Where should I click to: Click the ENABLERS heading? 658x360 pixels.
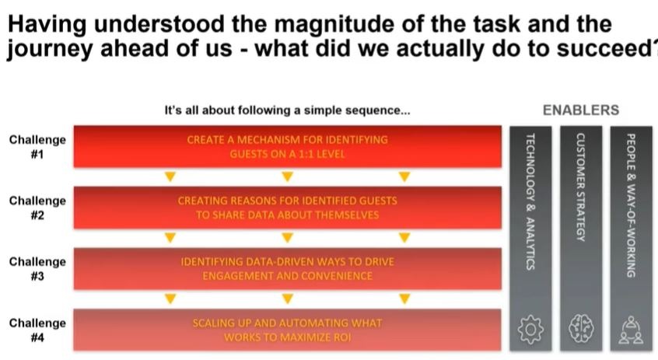tap(581, 110)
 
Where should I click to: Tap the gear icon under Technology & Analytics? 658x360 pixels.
tap(530, 330)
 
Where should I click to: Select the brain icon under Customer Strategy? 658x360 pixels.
tap(581, 329)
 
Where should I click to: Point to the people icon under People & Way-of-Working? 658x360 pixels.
tap(631, 330)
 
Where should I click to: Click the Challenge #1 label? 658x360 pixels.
tap(37, 147)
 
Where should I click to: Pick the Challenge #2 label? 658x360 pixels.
tap(37, 208)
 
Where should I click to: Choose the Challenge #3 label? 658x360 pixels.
tap(37, 269)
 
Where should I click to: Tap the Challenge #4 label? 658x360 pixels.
tap(37, 330)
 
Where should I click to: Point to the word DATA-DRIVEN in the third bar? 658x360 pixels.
tap(280, 262)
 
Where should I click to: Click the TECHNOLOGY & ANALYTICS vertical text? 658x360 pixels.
tap(530, 201)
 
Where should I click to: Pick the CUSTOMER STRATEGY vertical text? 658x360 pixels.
tap(581, 187)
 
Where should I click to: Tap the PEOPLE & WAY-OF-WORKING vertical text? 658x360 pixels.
tap(631, 205)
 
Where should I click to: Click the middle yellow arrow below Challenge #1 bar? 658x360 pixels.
tap(287, 177)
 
